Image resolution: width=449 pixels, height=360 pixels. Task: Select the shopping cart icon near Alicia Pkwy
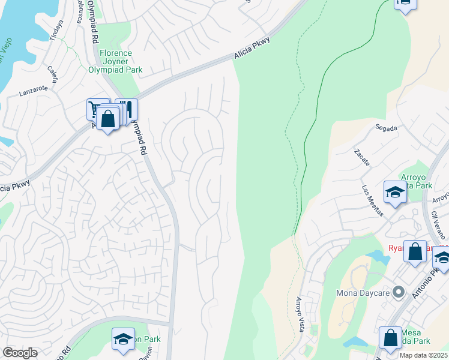pos(95,109)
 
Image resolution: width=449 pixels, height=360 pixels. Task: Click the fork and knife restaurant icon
pos(128,109)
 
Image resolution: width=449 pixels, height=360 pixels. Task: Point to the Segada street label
pos(386,127)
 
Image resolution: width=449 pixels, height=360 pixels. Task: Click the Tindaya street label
pos(56,30)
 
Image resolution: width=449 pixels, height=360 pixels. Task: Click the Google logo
pos(20,353)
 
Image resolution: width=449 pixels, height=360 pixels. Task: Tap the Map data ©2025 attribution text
pos(423,355)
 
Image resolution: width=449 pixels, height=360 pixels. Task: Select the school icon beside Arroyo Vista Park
pos(395,192)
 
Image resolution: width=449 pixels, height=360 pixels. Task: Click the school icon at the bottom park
pos(123,339)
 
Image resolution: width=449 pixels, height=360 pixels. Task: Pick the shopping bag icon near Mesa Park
pos(390,338)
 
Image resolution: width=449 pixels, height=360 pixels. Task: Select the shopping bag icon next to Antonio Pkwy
pos(415,251)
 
